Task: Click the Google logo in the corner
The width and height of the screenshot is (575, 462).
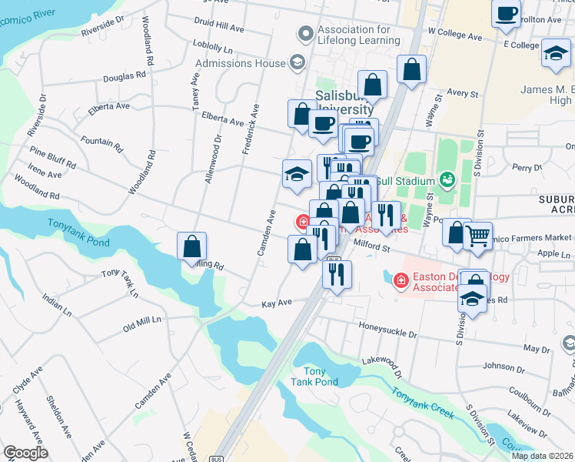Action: [25, 453]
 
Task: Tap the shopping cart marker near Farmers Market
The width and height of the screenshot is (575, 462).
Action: [478, 236]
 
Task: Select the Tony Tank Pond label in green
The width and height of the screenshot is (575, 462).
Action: [314, 377]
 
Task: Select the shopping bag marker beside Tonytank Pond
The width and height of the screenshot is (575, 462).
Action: [192, 246]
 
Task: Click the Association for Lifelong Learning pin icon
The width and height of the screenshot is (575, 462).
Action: [305, 34]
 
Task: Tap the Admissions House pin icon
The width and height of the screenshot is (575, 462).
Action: [296, 62]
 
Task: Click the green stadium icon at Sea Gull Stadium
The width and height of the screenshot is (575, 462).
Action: [447, 180]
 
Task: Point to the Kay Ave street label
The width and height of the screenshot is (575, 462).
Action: [276, 304]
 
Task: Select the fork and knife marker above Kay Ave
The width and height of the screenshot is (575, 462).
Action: [337, 274]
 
